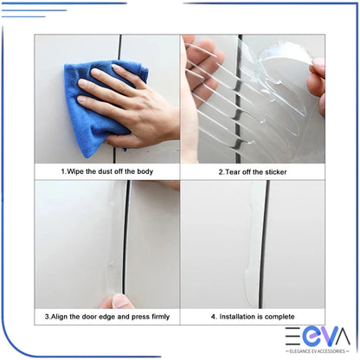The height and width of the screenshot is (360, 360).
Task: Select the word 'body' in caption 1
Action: [x=144, y=172]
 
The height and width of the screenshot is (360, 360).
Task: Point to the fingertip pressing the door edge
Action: [x=122, y=301]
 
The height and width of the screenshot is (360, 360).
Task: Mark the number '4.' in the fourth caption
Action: [x=215, y=318]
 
